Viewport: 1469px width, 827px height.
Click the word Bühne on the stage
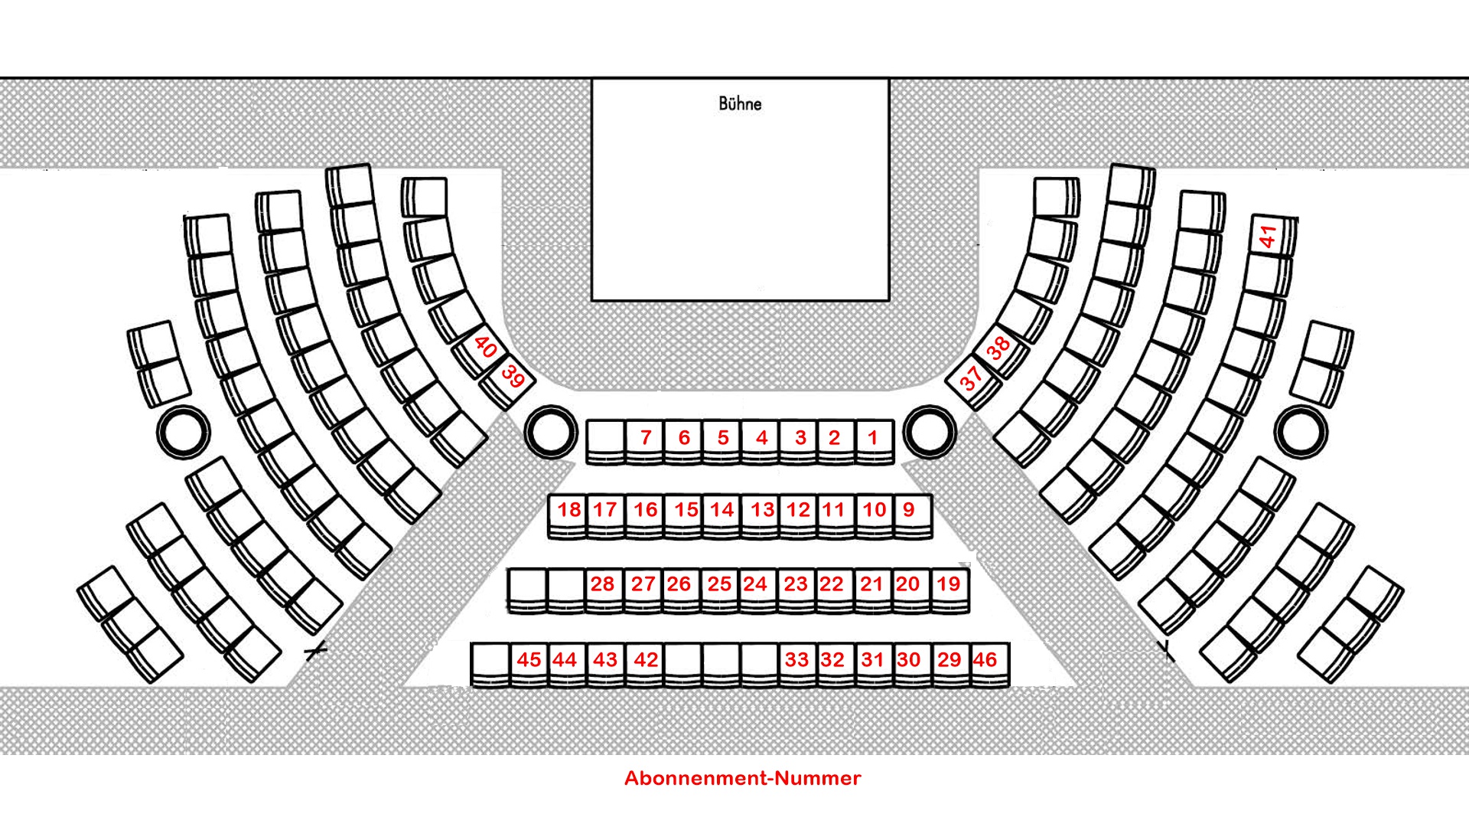740,103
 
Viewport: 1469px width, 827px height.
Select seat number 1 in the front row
874,439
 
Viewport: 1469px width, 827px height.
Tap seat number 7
645,439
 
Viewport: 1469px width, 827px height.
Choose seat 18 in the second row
568,512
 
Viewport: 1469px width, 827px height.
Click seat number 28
604,586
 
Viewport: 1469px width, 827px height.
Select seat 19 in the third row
949,586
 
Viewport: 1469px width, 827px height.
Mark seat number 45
529,661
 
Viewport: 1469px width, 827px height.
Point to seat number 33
797,661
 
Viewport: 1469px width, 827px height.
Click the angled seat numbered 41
1269,236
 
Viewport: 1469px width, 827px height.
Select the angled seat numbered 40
484,348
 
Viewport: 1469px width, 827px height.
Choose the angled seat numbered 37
972,378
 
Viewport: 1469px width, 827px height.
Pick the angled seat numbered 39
511,378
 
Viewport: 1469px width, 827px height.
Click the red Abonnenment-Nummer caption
742,778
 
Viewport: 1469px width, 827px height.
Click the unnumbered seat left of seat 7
606,439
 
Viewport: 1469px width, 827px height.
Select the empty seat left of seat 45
490,661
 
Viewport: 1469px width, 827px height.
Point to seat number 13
761,512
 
